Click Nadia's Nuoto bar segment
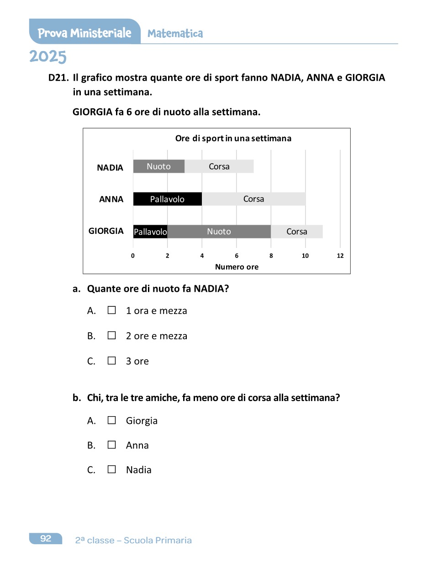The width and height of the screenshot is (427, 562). pos(158,166)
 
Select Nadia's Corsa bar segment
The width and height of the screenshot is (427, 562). pos(219,166)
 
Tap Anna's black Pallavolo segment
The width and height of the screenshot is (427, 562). pos(167,199)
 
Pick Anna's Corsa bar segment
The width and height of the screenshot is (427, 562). pos(253,199)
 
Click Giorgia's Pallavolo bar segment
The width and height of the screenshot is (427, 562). pos(150,232)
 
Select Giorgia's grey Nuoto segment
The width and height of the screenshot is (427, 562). pos(219,232)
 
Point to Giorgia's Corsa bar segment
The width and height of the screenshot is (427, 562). pos(297,232)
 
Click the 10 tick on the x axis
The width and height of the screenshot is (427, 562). pos(306,256)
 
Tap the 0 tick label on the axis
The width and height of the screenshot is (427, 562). pos(133,256)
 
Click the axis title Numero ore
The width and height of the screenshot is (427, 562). pos(237,267)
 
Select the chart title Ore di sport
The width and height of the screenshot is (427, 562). pos(233,138)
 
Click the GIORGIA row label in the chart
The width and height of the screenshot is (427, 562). pos(106,231)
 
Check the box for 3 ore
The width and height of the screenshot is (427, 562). pos(112,361)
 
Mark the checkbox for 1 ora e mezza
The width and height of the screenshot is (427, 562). pos(112,310)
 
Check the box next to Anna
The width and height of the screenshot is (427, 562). pos(112,445)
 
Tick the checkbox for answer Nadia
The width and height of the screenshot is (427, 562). pos(112,469)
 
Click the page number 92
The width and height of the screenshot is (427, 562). pos(46,539)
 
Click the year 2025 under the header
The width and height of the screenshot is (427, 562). pos(48,57)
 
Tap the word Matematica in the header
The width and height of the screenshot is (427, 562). pos(175,34)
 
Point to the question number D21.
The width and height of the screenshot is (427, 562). pos(58,78)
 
